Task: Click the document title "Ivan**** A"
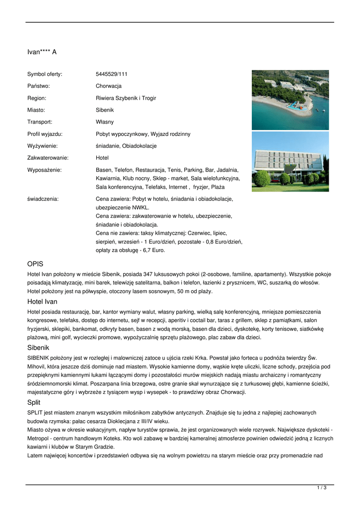click(42, 52)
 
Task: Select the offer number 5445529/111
click(112, 74)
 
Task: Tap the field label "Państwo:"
click(38, 86)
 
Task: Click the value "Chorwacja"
click(109, 86)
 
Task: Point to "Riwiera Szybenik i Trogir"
click(126, 98)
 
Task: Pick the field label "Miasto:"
click(36, 110)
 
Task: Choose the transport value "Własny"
click(105, 122)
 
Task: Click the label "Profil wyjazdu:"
click(45, 134)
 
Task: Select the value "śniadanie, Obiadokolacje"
click(126, 146)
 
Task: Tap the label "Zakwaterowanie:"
click(48, 158)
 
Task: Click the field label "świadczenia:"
click(43, 198)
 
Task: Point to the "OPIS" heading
click(35, 263)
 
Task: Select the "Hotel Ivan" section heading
click(42, 302)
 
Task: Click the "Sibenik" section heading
click(38, 348)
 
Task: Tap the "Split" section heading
click(34, 402)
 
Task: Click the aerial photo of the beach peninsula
click(290, 100)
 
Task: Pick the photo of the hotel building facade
click(290, 161)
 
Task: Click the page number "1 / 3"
click(321, 488)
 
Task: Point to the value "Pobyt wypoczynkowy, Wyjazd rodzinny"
click(143, 134)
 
